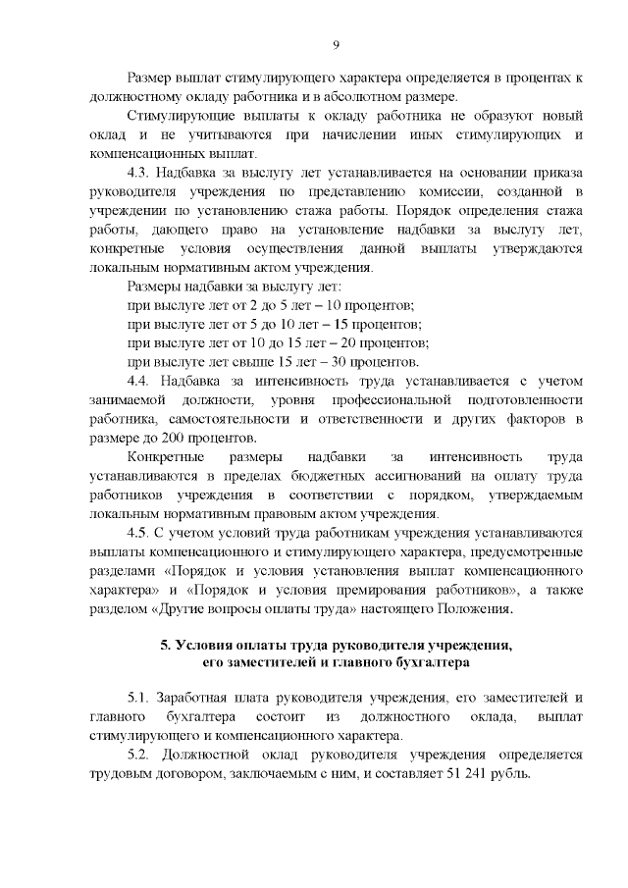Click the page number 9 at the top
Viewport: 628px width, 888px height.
coord(336,45)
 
